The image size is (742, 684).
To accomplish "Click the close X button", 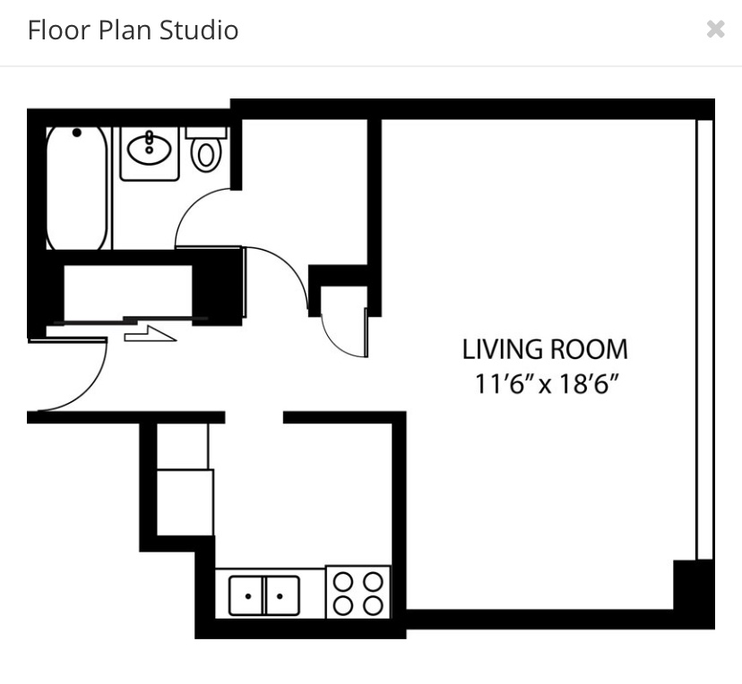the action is point(715,29).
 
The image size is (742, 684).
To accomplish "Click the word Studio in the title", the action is point(199,30).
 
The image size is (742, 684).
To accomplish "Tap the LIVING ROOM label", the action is point(545,349).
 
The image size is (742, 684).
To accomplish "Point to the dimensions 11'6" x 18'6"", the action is point(547,383).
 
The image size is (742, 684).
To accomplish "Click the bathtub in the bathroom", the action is point(77,188).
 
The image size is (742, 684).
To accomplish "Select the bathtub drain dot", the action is point(76,133).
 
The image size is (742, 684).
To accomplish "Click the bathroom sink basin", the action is point(149,150).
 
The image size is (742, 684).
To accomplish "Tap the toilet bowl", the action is point(206,155).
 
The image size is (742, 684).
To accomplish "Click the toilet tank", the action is point(206,133).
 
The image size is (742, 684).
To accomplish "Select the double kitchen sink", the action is point(264,595).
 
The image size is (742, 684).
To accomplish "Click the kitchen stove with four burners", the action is point(358,592).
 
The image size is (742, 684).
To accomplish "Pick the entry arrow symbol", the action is point(150,334).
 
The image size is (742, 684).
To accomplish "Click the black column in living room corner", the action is point(694,586).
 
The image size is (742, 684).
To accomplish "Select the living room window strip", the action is point(704,340).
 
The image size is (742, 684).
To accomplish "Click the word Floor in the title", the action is point(59,30).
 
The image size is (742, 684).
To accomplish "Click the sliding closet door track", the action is point(130,321).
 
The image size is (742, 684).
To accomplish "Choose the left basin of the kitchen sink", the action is point(246,595).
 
